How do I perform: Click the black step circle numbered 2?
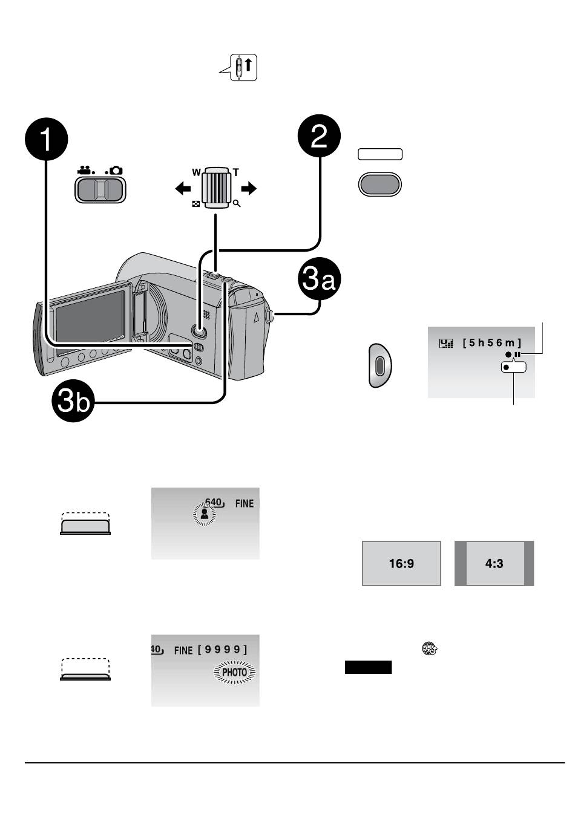coord(319,137)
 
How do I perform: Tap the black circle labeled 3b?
coord(72,402)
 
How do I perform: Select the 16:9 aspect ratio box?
coord(401,563)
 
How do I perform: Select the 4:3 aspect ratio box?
coord(494,563)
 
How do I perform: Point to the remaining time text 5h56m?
coord(491,343)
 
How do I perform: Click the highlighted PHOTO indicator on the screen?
coord(235,672)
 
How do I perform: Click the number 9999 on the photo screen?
coord(222,650)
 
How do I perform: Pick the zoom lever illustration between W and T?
coord(215,188)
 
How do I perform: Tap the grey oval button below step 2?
coord(379,185)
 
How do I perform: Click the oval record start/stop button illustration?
coord(380,365)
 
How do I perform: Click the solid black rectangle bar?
coord(368,667)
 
